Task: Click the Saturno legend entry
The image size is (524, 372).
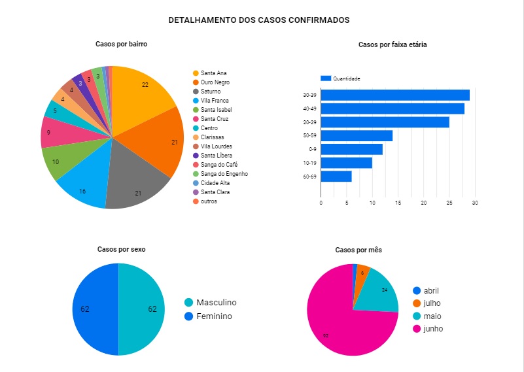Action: click(210, 92)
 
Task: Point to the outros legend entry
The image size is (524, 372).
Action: click(209, 201)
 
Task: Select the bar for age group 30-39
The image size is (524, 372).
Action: click(394, 95)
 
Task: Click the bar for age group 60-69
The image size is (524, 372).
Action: click(336, 177)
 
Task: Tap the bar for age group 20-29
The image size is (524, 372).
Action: click(385, 122)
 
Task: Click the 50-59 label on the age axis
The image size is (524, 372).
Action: click(310, 136)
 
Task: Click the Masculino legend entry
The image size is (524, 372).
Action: click(216, 303)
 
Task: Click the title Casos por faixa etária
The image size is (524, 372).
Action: click(393, 45)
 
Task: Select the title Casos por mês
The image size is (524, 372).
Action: click(358, 250)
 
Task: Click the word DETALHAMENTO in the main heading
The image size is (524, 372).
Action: click(194, 20)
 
